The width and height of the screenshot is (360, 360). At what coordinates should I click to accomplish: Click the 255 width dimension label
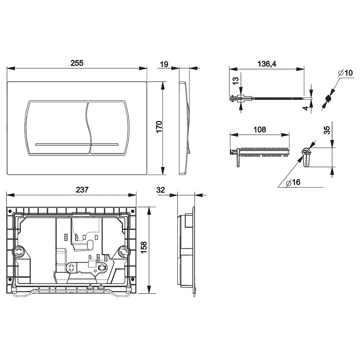click(77, 63)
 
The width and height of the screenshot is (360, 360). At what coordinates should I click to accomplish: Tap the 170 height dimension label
click(159, 126)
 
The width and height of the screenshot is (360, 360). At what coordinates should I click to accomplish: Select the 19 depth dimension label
click(164, 64)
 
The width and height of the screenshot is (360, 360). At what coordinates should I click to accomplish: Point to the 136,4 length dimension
click(267, 64)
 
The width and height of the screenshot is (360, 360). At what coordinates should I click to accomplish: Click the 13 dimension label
click(236, 81)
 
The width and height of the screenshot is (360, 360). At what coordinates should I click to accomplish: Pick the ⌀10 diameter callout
click(346, 73)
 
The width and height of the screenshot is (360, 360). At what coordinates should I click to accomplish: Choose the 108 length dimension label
click(260, 130)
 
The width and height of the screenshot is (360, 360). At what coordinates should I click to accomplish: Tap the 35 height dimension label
click(327, 130)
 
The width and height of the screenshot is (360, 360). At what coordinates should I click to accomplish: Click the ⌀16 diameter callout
click(293, 182)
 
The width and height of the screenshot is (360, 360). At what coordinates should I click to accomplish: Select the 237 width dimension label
click(82, 189)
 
